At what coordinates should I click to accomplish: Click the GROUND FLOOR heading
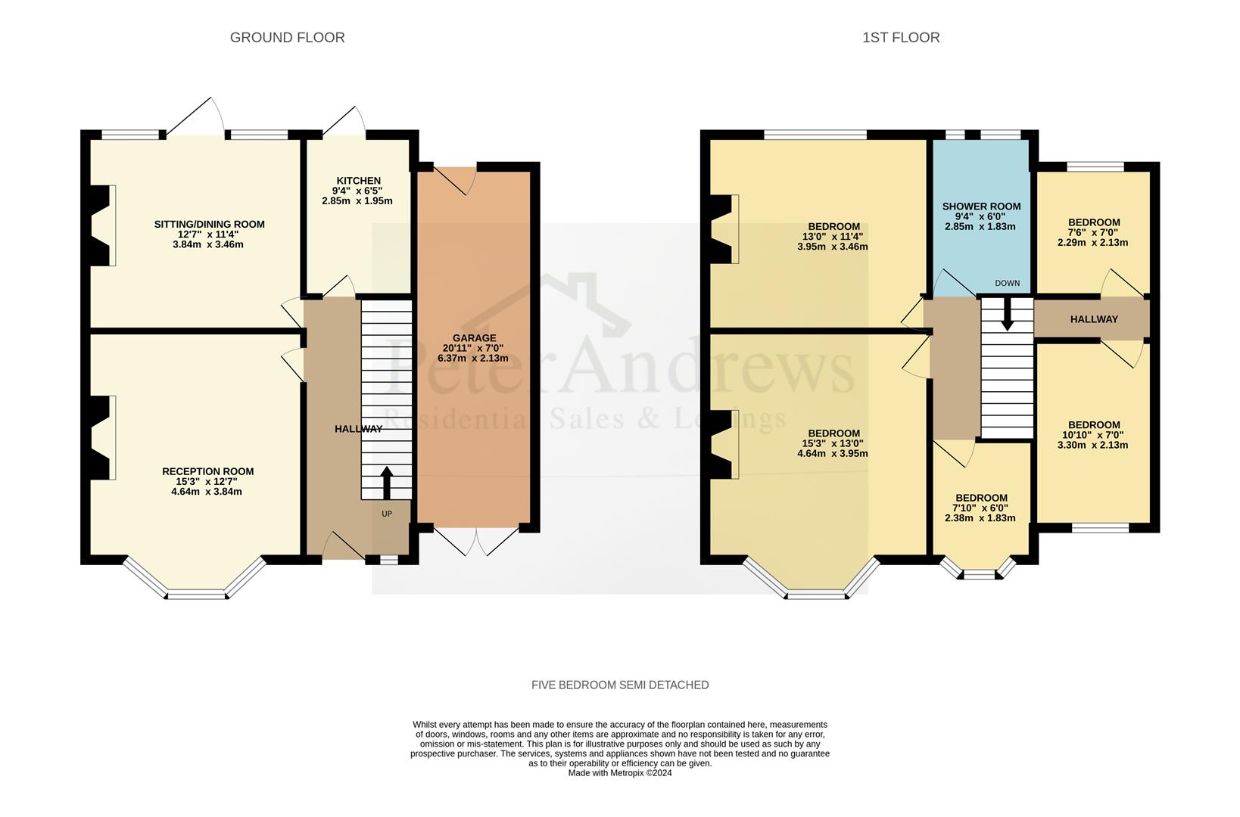pos(287,37)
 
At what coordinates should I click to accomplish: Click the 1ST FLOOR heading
pos(901,37)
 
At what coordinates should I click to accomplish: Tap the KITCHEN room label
pos(358,181)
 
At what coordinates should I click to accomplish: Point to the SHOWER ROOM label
pos(981,206)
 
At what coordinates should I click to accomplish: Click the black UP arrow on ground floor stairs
pos(386,483)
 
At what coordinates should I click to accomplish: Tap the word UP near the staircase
pos(387,514)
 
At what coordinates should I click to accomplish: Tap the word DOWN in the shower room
pos(1007,284)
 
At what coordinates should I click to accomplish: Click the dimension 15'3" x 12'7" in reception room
pos(207,481)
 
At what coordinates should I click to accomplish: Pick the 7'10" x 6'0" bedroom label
pos(980,508)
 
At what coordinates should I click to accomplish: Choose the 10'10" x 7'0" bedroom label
pos(1094,435)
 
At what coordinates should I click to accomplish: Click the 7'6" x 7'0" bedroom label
pos(1094,233)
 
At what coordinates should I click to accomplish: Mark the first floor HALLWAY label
pos(1093,319)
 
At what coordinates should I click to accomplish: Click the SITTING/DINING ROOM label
pos(209,224)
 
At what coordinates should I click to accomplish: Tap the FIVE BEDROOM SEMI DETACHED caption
pos(620,685)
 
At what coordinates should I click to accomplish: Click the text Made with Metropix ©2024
pos(620,773)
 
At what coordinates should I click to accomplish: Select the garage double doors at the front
pos(478,540)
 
